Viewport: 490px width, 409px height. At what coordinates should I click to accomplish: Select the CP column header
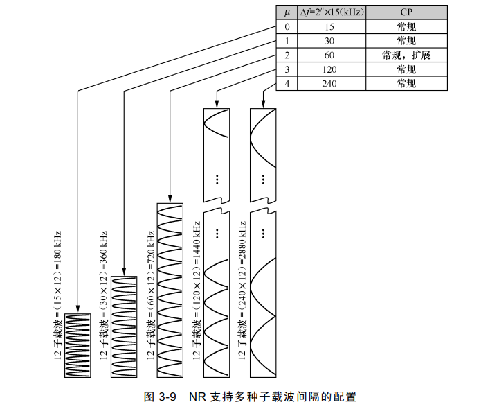[x=406, y=12]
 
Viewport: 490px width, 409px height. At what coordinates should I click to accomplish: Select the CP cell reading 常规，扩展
[x=406, y=55]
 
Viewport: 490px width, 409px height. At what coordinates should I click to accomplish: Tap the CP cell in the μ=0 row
[x=406, y=27]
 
